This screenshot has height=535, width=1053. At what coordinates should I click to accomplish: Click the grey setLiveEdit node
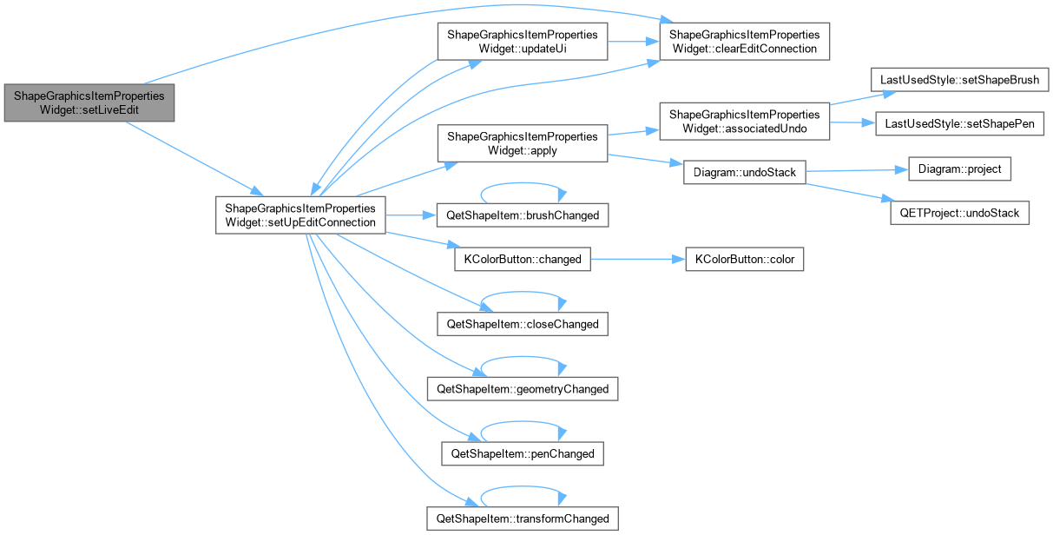(89, 103)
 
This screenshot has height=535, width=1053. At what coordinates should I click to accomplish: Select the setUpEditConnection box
(300, 215)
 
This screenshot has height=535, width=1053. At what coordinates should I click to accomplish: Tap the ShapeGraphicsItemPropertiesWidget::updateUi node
(523, 42)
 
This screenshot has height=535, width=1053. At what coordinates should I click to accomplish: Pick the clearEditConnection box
(745, 42)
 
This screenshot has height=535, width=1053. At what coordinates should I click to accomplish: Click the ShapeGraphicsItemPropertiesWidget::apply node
(523, 143)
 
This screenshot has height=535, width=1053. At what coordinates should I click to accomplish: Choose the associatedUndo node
(745, 122)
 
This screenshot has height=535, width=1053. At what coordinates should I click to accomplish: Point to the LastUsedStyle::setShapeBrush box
(959, 80)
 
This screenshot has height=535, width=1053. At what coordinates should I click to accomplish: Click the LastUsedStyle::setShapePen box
(959, 123)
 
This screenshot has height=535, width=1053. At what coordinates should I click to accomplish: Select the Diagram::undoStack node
(745, 172)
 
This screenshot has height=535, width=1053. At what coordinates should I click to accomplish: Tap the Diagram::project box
(959, 168)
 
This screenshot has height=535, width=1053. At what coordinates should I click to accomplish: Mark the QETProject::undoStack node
(959, 213)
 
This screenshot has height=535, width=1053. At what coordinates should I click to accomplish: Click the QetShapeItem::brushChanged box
(523, 215)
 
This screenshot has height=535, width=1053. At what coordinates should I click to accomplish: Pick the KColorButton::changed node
(523, 259)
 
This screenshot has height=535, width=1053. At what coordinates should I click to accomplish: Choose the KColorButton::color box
(745, 259)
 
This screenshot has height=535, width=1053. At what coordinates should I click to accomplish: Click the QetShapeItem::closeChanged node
(523, 324)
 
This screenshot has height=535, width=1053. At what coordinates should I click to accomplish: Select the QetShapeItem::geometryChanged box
(523, 389)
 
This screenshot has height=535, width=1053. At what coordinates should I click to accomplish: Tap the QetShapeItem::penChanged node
(523, 453)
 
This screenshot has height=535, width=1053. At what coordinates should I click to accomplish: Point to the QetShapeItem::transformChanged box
(523, 518)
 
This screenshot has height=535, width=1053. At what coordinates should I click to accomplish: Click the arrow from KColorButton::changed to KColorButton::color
(638, 259)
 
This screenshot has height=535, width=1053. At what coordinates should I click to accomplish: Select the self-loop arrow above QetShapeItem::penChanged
(523, 422)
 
